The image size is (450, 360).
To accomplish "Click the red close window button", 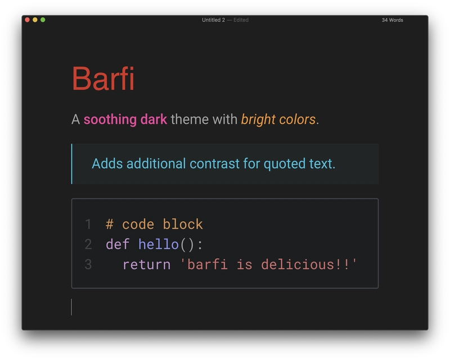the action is pyautogui.click(x=27, y=20).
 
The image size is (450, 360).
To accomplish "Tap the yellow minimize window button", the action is pyautogui.click(x=35, y=20).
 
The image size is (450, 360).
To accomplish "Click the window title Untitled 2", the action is pyautogui.click(x=213, y=20).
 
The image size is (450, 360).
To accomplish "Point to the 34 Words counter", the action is pyautogui.click(x=392, y=20).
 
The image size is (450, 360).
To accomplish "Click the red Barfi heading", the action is pyautogui.click(x=103, y=78).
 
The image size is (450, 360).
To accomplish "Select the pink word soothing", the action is pyautogui.click(x=110, y=119).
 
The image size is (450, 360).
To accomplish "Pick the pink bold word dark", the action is pyautogui.click(x=154, y=119).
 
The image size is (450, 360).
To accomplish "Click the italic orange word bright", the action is pyautogui.click(x=258, y=120).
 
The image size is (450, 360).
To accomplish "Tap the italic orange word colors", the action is pyautogui.click(x=298, y=119).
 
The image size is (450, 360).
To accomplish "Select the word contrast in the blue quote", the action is pyautogui.click(x=214, y=164).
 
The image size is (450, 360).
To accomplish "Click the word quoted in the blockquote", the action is pyautogui.click(x=285, y=164).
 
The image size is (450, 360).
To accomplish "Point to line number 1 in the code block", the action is pyautogui.click(x=88, y=224).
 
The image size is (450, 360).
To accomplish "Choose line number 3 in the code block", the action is pyautogui.click(x=88, y=264).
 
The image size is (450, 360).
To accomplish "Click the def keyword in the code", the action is pyautogui.click(x=118, y=244).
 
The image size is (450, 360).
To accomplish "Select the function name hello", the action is pyautogui.click(x=159, y=244).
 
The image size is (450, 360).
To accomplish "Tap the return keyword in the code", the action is pyautogui.click(x=146, y=265).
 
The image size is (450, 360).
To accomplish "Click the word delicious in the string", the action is pyautogui.click(x=298, y=264).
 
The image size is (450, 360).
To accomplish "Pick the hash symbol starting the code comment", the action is pyautogui.click(x=109, y=224).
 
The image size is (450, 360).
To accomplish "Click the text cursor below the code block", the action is pyautogui.click(x=71, y=307).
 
